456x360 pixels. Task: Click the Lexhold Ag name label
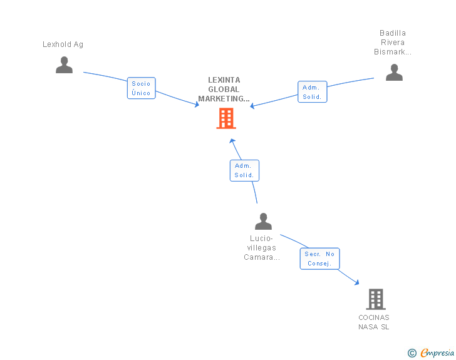coord(63,44)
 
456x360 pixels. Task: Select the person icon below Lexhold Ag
coord(64,65)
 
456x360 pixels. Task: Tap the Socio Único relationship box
coord(141,88)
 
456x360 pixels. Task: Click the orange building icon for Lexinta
coord(226,118)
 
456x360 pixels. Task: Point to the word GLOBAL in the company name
coord(224,90)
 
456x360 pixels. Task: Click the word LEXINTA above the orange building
coord(224,80)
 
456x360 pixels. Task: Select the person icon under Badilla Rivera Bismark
coord(394,73)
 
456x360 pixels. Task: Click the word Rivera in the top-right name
coord(393,43)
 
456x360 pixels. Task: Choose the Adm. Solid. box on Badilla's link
coord(311,92)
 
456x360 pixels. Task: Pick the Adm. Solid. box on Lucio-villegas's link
coord(244,170)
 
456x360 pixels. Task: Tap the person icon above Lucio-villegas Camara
coord(263,221)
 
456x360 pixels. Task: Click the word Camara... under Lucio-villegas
coord(262,257)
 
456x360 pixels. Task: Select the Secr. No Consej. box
coord(319,259)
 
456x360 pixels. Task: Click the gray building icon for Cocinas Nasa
coord(375,299)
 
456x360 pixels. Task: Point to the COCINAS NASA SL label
coord(374,322)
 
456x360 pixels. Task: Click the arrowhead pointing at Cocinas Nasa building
coord(356,283)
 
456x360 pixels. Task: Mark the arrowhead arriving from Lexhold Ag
coord(197,105)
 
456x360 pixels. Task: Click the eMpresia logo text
coord(437,353)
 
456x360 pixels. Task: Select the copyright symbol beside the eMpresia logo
coord(412,354)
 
